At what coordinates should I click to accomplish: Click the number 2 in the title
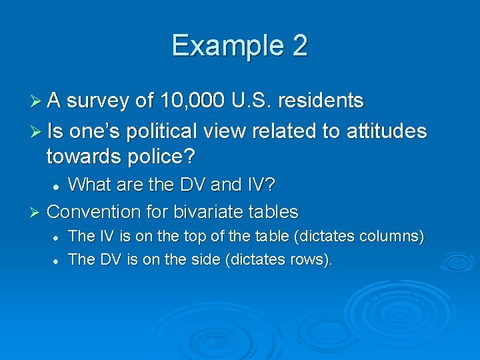[299, 46]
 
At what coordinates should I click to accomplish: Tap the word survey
[99, 101]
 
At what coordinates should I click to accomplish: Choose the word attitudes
[387, 131]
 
